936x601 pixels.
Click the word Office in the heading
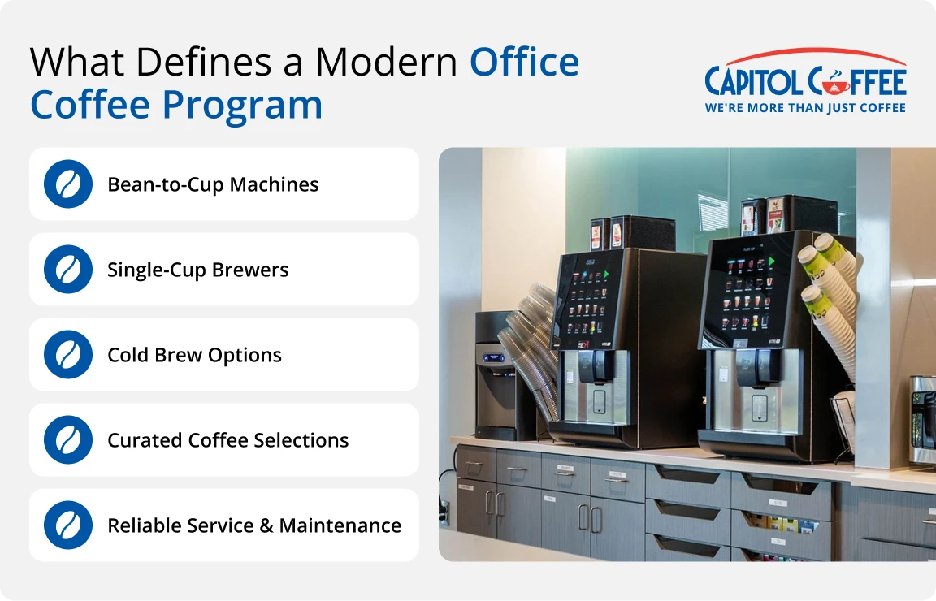(x=524, y=62)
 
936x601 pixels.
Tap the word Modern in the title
(x=386, y=62)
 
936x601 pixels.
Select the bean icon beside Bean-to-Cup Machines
(x=68, y=184)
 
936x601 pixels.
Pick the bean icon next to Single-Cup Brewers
(x=68, y=269)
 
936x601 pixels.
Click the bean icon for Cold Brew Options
(x=68, y=355)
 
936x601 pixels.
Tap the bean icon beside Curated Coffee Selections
(x=68, y=440)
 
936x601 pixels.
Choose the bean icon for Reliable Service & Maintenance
(x=68, y=525)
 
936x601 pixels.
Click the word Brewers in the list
(x=250, y=270)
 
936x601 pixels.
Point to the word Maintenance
(x=340, y=525)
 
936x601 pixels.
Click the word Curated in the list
(x=145, y=440)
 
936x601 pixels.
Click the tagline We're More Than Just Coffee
(x=805, y=108)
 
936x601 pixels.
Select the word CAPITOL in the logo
(x=753, y=82)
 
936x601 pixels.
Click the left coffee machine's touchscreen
(x=582, y=300)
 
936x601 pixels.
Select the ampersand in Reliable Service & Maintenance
(x=266, y=525)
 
